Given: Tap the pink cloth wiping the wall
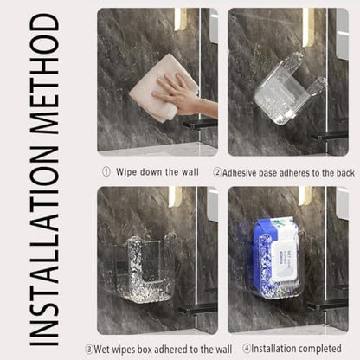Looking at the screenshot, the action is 164,87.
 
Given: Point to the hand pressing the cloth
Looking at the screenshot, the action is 184,94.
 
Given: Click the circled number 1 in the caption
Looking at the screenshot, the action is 106,172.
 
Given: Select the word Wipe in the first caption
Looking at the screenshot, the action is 126,172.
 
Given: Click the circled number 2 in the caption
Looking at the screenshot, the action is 217,172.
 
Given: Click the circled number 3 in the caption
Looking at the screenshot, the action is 89,350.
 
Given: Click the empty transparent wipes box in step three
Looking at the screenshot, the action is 146,269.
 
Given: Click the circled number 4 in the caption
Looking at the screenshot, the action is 247,349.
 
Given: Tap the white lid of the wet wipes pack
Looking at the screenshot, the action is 285,261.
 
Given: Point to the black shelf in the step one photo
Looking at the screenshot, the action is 200,124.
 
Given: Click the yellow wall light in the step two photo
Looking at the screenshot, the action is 308,28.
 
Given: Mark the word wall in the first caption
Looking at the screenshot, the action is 190,172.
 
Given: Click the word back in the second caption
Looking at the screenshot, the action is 345,172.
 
